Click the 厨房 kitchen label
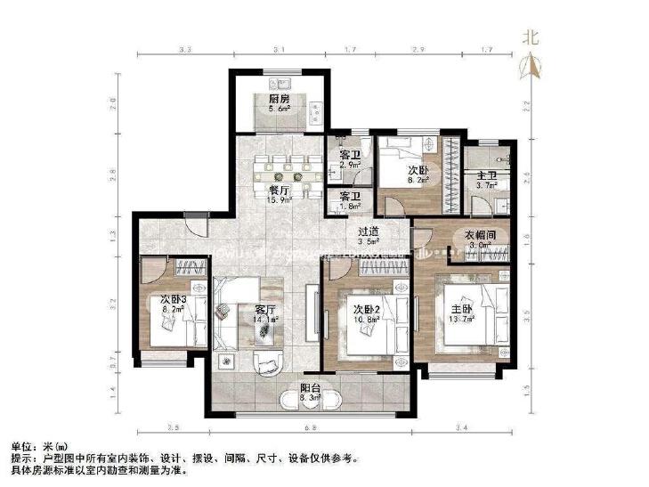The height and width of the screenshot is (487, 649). click(280, 99)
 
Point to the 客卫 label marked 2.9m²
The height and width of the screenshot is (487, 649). click(349, 156)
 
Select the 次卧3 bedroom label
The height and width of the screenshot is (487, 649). click(173, 300)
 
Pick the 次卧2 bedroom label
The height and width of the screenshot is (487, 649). click(366, 310)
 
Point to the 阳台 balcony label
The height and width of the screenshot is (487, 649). click(310, 389)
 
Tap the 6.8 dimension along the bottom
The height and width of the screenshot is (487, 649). click(309, 428)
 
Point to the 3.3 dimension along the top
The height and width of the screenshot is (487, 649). click(185, 51)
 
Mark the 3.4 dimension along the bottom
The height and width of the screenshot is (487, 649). click(460, 428)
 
